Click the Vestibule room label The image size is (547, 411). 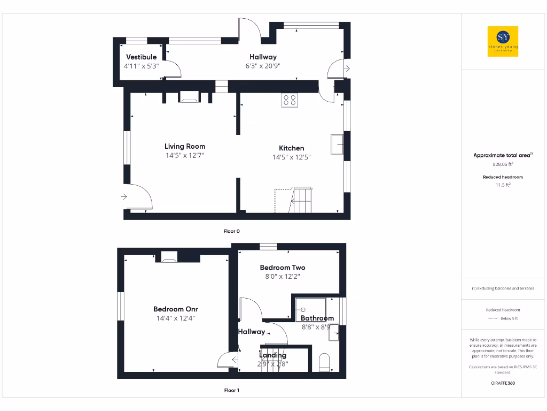click(141, 57)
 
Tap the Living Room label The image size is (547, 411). click(185, 146)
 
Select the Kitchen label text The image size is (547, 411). click(291, 148)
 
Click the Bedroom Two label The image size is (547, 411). click(283, 268)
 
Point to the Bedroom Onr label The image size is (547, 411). click(176, 309)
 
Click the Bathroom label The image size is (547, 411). click(317, 318)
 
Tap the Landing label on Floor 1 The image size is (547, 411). click(273, 355)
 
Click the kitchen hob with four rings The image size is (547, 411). click(290, 100)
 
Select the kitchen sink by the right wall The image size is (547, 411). click(337, 144)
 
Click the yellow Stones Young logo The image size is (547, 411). click(503, 41)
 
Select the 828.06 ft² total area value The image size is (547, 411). click(503, 165)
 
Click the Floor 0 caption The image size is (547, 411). click(232, 231)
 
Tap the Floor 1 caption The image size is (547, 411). click(232, 390)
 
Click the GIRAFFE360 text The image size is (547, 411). click(503, 383)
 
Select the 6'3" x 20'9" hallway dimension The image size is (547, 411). click(263, 66)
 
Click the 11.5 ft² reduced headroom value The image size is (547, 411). click(503, 185)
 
